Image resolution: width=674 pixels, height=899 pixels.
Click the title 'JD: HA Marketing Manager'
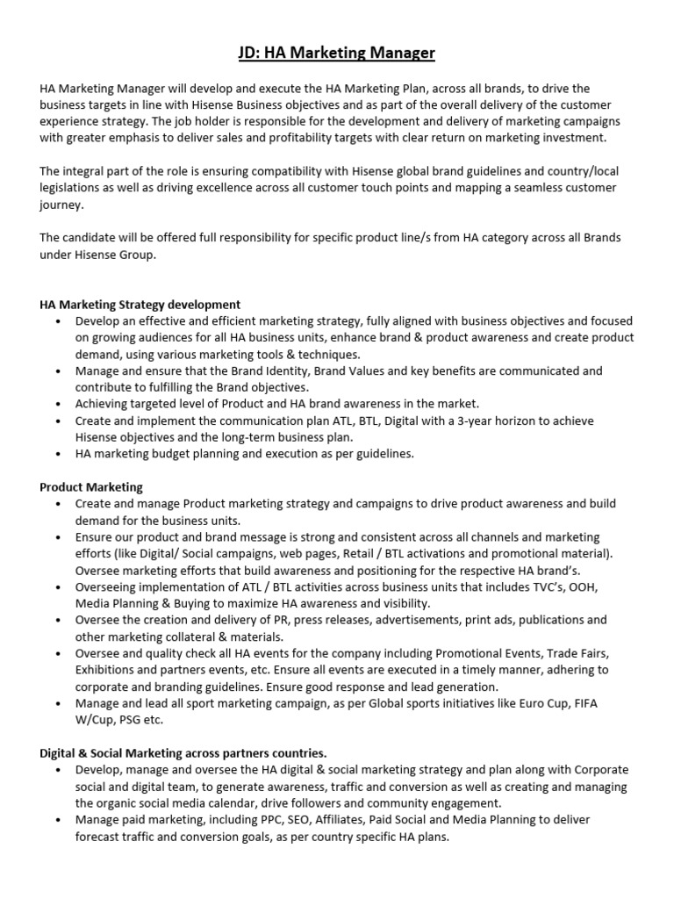pyautogui.click(x=337, y=54)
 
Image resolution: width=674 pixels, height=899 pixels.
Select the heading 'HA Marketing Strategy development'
pyautogui.click(x=140, y=305)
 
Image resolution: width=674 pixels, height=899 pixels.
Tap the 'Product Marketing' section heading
pyautogui.click(x=91, y=486)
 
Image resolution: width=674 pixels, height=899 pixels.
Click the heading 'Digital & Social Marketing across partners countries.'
pyautogui.click(x=183, y=752)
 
